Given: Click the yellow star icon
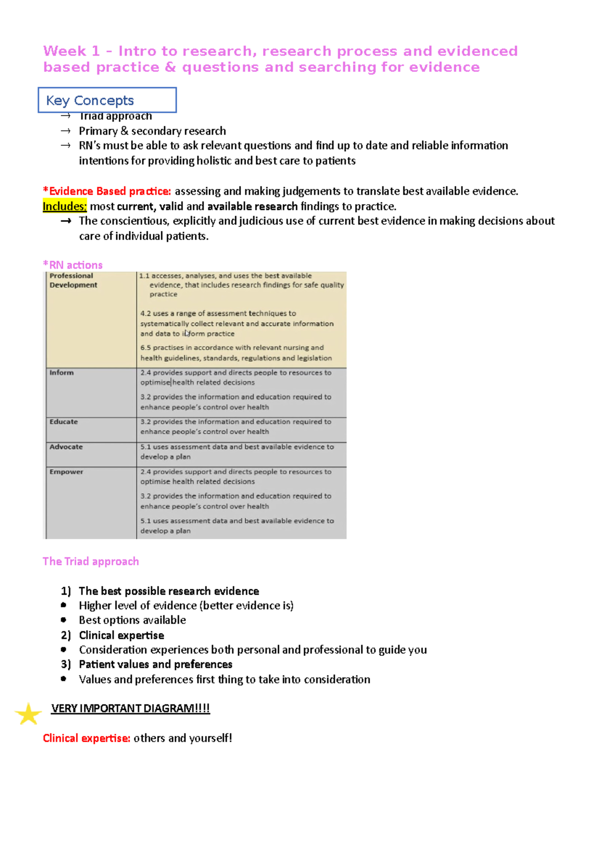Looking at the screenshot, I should point(28,714).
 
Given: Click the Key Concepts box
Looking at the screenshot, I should point(107,100).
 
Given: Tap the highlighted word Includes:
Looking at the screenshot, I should point(65,207).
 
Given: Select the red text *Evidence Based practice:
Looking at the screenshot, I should point(107,192).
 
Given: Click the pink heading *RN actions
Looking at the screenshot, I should point(73,265).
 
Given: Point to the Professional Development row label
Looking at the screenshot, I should point(73,280).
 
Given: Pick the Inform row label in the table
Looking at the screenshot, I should point(61,373).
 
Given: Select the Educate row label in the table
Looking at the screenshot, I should point(63,422).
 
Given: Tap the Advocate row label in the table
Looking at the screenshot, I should point(66,447).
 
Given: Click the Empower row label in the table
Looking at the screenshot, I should point(66,472).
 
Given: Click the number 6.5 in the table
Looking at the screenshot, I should point(145,348).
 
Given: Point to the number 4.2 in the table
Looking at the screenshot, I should point(145,314).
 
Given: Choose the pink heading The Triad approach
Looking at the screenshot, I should point(91,562).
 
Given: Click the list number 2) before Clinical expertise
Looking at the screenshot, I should point(66,635).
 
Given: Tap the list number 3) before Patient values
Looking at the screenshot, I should point(66,664).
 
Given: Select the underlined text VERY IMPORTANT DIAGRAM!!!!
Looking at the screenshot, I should point(130,709).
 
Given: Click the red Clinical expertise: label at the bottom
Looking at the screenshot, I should point(86,738).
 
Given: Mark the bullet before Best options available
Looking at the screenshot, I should point(63,620).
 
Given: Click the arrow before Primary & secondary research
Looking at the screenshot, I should point(65,131).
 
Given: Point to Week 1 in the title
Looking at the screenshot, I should point(71,51).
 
